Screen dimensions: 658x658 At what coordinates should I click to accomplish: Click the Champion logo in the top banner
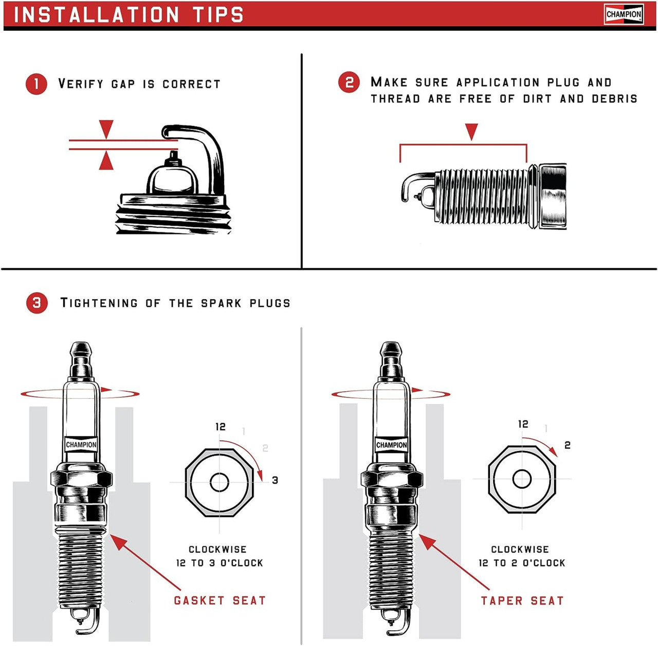(x=624, y=14)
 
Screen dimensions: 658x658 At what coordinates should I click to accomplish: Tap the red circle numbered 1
(x=36, y=84)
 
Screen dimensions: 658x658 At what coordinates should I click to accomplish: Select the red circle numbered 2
(x=349, y=82)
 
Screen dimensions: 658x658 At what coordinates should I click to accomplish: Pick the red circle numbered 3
(x=37, y=303)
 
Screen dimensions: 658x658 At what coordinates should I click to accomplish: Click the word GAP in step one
(x=123, y=84)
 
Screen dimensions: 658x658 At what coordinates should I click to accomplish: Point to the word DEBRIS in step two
(x=614, y=99)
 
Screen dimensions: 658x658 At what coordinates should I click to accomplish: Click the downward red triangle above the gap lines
(x=106, y=129)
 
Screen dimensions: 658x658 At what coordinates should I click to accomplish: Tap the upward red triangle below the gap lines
(x=106, y=160)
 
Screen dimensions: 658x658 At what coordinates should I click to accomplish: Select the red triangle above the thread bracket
(x=471, y=132)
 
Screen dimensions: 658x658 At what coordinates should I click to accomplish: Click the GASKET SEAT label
(x=220, y=600)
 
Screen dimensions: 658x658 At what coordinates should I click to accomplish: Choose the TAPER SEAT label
(x=522, y=600)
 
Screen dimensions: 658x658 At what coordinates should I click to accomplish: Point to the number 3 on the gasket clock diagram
(x=275, y=480)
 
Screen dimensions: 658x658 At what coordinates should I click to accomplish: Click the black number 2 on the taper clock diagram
(x=568, y=445)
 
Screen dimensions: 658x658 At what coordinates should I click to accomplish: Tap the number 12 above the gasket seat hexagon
(x=221, y=427)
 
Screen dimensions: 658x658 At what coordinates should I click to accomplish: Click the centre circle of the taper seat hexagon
(x=522, y=479)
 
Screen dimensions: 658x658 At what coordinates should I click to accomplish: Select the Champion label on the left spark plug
(x=81, y=445)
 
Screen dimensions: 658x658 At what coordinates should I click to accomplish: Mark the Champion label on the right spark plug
(x=391, y=445)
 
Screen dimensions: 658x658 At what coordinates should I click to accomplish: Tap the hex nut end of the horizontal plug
(x=553, y=196)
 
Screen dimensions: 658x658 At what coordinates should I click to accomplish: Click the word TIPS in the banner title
(x=218, y=14)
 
